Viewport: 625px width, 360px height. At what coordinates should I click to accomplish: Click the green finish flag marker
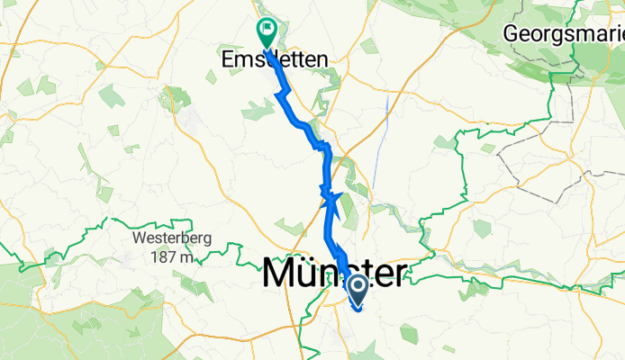pyautogui.click(x=267, y=33)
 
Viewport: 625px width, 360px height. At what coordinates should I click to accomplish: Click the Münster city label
pyautogui.click(x=333, y=273)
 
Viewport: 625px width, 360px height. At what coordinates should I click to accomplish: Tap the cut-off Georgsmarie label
pyautogui.click(x=564, y=34)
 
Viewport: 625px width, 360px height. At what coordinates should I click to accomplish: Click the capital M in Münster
pyautogui.click(x=281, y=273)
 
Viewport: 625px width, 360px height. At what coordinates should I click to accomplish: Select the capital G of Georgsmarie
pyautogui.click(x=513, y=33)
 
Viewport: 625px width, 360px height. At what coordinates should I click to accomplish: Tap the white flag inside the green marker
pyautogui.click(x=267, y=30)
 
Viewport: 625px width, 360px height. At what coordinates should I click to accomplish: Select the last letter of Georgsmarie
pyautogui.click(x=620, y=33)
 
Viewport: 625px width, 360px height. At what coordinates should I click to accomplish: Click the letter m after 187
pyautogui.click(x=186, y=258)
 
